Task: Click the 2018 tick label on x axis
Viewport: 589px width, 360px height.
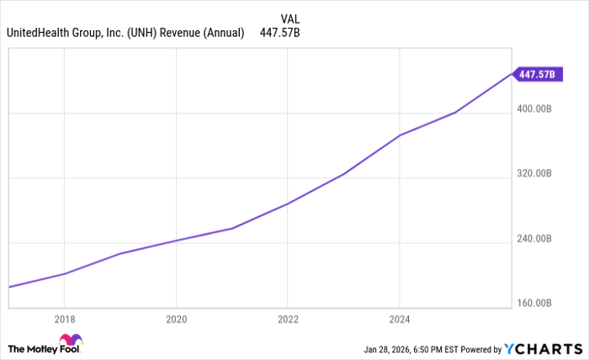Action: pos(64,319)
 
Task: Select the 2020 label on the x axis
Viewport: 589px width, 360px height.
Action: pos(176,319)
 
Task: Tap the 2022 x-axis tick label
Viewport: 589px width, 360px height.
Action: pos(288,319)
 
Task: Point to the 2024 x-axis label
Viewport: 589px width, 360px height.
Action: pos(400,319)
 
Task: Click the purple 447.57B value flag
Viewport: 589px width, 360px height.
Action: pos(537,74)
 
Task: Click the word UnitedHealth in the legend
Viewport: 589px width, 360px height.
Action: pos(37,33)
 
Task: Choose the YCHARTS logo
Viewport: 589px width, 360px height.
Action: pos(543,348)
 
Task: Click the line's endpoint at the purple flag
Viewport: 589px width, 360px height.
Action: pos(512,74)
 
